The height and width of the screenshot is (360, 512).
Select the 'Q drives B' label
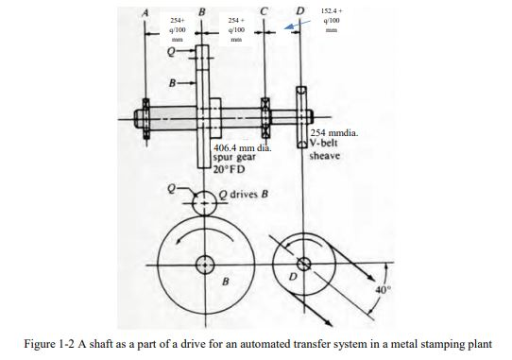coord(245,194)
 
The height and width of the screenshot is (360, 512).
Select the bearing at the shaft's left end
coord(145,120)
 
